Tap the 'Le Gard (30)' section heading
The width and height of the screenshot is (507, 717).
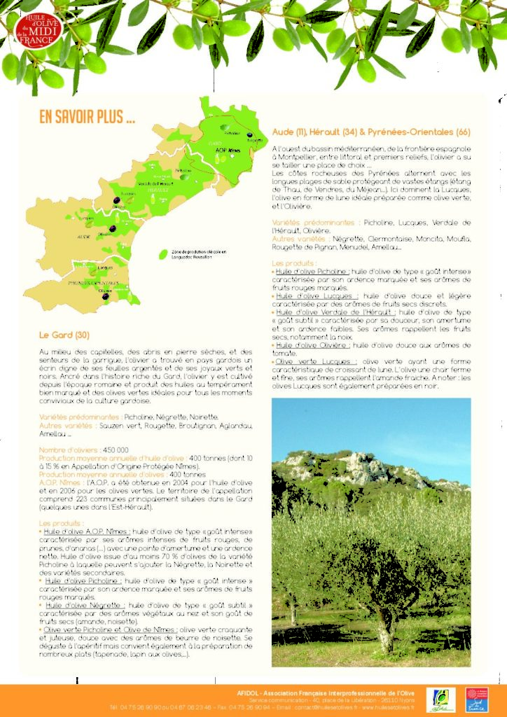[x=64, y=334]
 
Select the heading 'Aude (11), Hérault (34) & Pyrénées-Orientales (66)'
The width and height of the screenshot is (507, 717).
[x=370, y=132]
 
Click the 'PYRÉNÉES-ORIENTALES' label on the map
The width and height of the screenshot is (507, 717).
[x=98, y=283]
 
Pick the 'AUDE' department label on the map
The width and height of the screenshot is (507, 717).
[x=84, y=237]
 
